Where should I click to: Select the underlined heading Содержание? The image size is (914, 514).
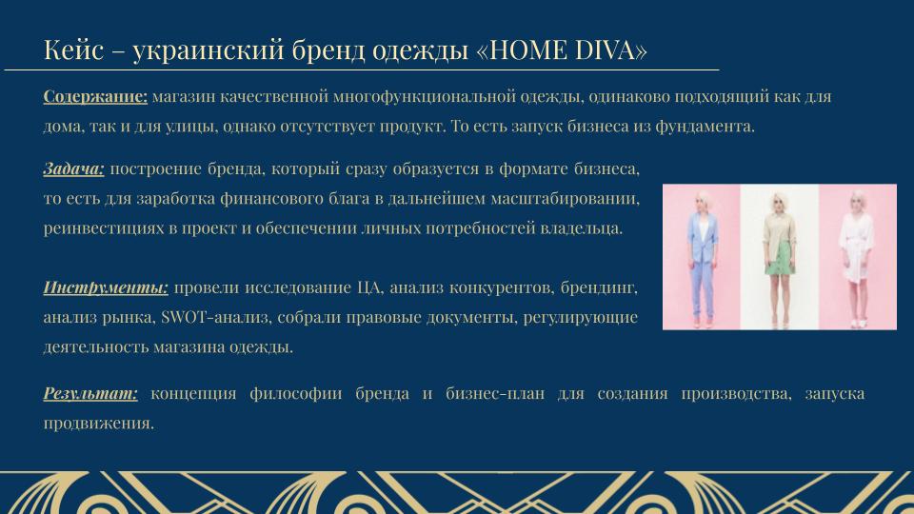pyautogui.click(x=95, y=96)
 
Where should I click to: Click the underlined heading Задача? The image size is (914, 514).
pyautogui.click(x=74, y=169)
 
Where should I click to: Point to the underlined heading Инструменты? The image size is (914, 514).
pyautogui.click(x=106, y=287)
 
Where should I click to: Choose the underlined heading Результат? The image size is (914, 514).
pyautogui.click(x=91, y=393)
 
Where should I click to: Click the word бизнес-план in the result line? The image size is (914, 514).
pyautogui.click(x=495, y=393)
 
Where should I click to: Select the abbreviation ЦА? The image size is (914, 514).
pyautogui.click(x=370, y=287)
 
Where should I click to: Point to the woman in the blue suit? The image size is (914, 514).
pyautogui.click(x=702, y=259)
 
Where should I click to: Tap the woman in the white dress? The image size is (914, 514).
pyautogui.click(x=856, y=258)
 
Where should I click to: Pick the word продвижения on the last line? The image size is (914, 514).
pyautogui.click(x=98, y=424)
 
